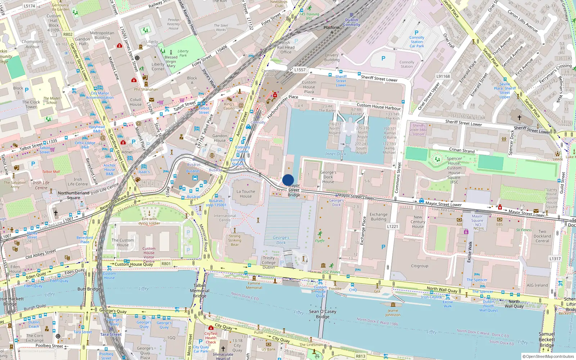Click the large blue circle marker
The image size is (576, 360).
tap(288, 180)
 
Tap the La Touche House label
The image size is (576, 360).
tap(246, 194)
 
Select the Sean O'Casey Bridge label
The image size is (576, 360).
tap(323, 314)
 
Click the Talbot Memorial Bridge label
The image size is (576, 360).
tap(199, 291)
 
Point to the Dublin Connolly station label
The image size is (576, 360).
tap(351, 22)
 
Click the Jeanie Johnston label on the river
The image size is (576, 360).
tap(393, 312)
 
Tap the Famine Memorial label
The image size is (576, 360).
tap(254, 285)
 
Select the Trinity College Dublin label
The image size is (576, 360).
tap(269, 262)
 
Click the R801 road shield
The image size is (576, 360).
tap(166, 264)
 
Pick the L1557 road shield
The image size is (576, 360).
tap(300, 70)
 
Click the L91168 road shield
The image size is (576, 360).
tap(443, 76)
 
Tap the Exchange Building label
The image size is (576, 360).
tap(378, 216)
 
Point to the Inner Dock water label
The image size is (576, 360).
tap(336, 154)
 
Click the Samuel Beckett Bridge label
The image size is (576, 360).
tap(546, 339)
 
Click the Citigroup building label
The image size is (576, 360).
tap(419, 266)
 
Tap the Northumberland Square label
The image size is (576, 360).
tap(73, 195)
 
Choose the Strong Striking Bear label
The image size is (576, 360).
tap(234, 240)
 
